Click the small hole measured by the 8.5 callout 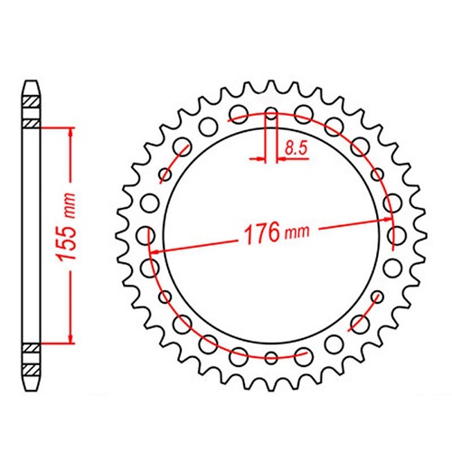point(272,115)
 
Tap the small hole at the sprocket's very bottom point(272,356)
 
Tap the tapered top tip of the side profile point(32,85)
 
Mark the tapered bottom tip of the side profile point(32,385)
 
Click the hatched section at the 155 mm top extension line point(32,124)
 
